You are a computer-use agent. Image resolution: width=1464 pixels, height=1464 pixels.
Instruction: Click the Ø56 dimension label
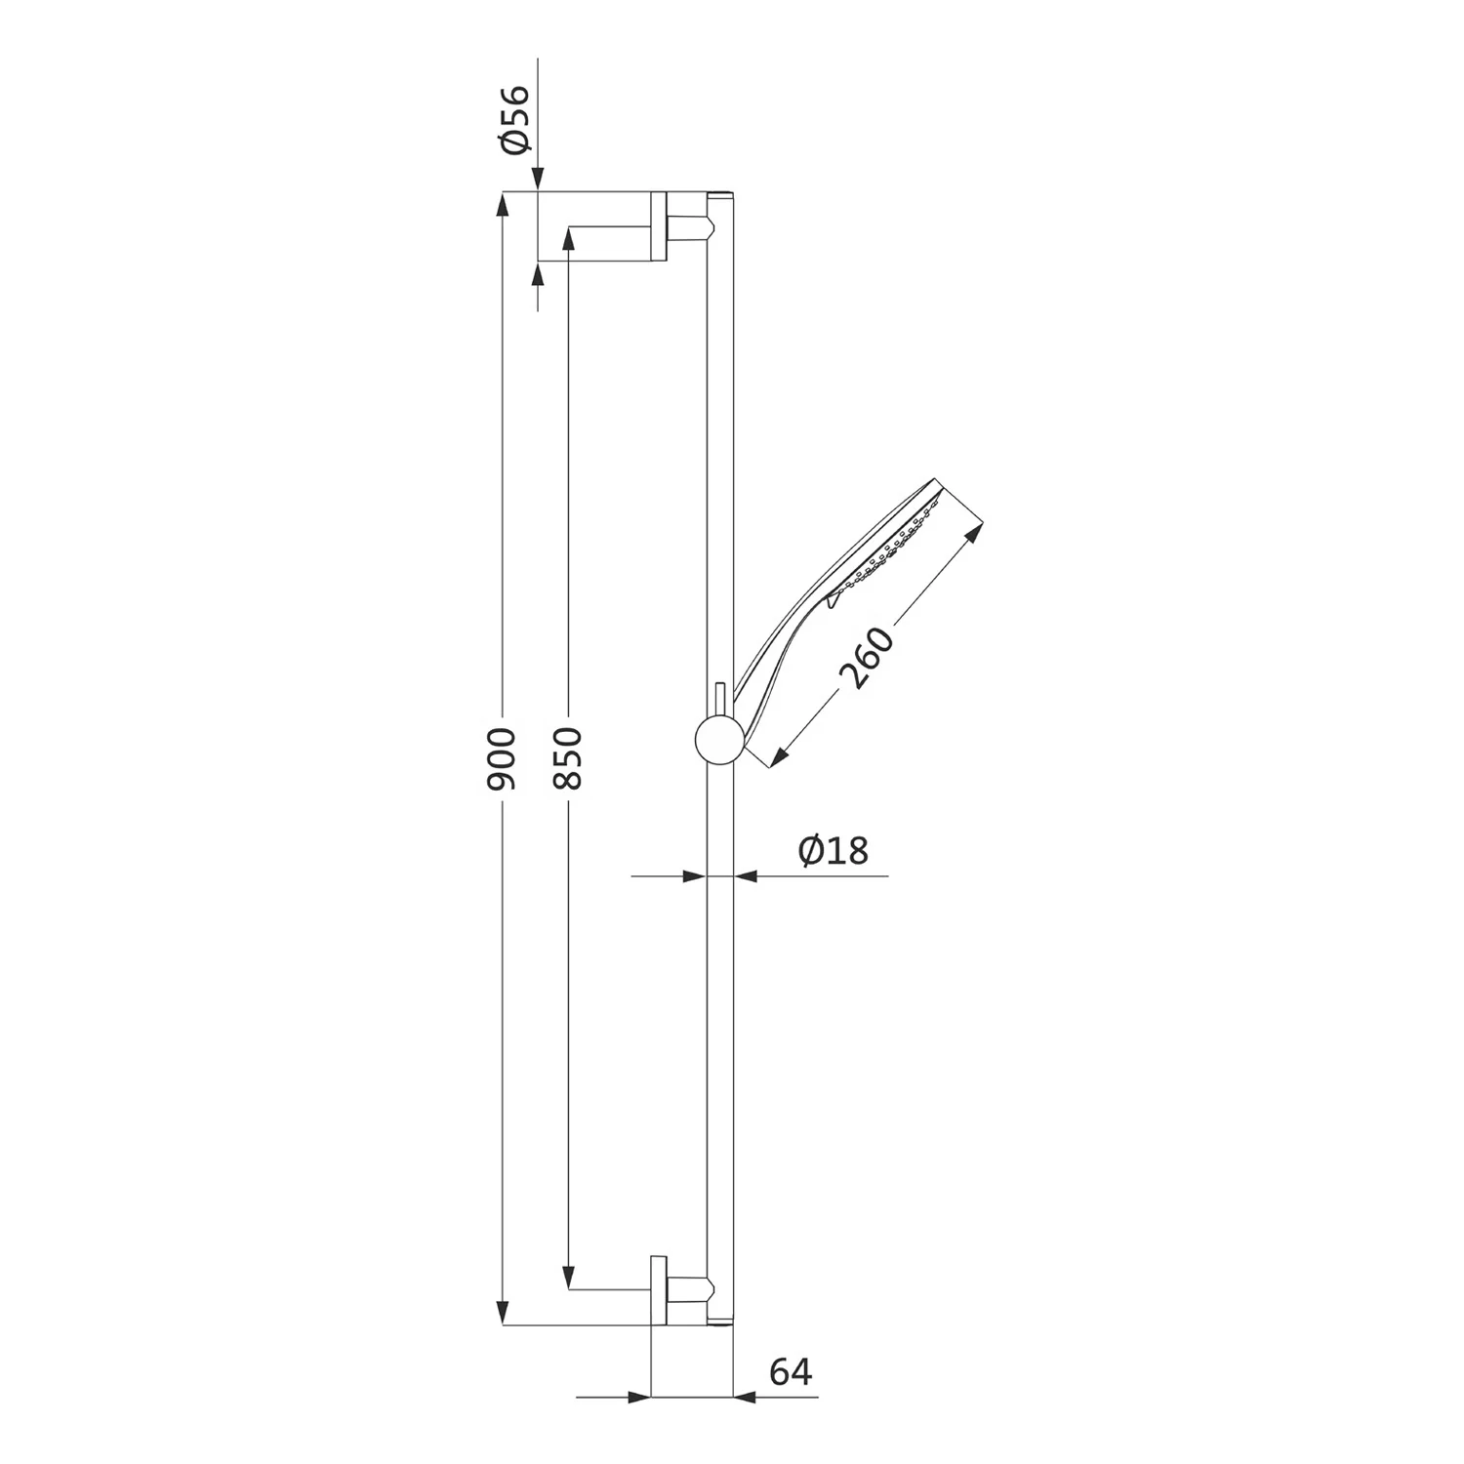(x=513, y=119)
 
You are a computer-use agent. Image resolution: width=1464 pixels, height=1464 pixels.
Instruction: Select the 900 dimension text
(x=502, y=758)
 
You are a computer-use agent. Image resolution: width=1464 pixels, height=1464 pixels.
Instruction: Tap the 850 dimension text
(x=568, y=758)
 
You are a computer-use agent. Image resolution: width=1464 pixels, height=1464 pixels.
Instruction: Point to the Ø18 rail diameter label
(x=833, y=850)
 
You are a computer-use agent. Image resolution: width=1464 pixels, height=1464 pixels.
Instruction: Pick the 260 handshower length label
(x=867, y=658)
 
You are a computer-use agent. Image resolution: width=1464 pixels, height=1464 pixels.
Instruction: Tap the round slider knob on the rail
(x=718, y=740)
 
